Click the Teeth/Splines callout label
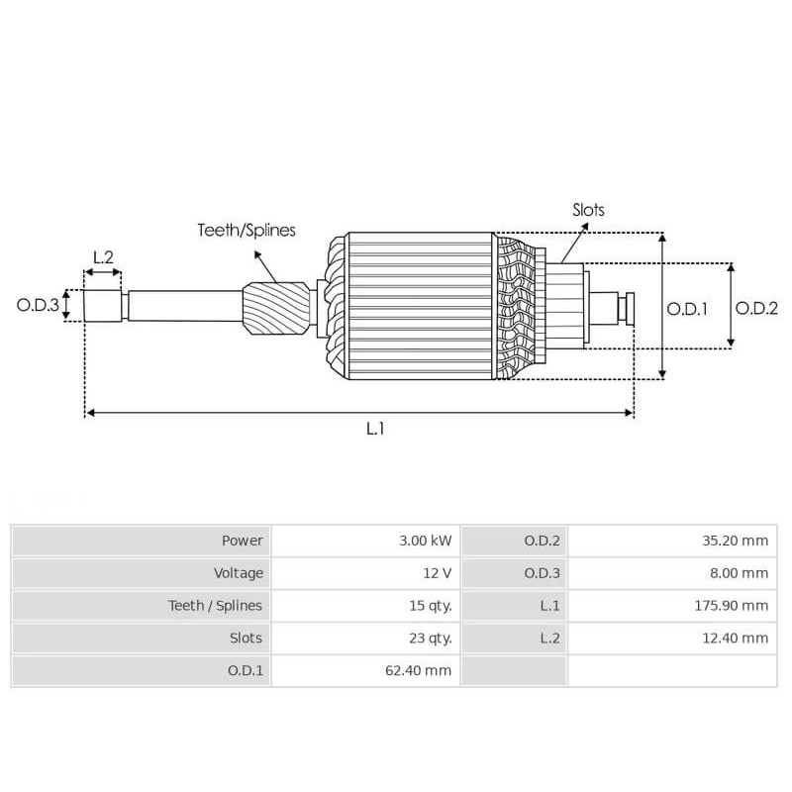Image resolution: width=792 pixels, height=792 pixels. pos(247,231)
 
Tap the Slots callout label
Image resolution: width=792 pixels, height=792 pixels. pos(588,210)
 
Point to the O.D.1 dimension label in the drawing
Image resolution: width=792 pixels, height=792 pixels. pos(687,308)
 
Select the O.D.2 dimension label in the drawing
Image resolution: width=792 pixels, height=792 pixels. pos(756,308)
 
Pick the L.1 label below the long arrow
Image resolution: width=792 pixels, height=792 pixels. pos(375,429)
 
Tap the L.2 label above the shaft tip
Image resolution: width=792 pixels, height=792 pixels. pos(103,257)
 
